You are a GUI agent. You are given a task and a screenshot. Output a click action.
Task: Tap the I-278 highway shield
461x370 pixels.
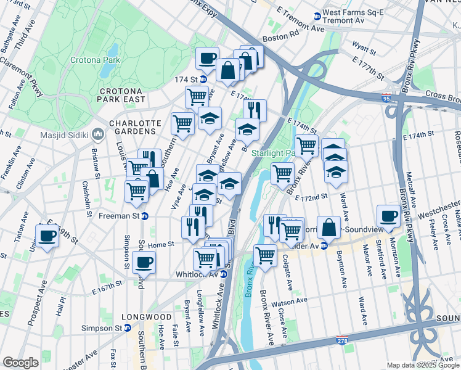coord(342,340)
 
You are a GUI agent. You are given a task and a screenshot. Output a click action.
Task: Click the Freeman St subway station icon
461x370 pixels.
coord(145,216)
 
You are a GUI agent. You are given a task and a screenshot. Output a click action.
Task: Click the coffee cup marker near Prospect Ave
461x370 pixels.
coord(47,235)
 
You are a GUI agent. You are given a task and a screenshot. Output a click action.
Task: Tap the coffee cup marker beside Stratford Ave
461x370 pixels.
coord(388,216)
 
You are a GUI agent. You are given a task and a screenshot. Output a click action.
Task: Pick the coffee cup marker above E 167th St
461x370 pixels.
coord(144,262)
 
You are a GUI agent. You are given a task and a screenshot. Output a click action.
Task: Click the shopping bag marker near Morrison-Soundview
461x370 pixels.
coord(330,227)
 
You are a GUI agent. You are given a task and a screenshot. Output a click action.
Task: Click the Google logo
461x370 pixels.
coord(20,363)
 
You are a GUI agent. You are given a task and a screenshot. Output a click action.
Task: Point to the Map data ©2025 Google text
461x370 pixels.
coord(423,365)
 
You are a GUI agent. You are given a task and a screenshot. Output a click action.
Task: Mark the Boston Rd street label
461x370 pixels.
coord(275,38)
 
